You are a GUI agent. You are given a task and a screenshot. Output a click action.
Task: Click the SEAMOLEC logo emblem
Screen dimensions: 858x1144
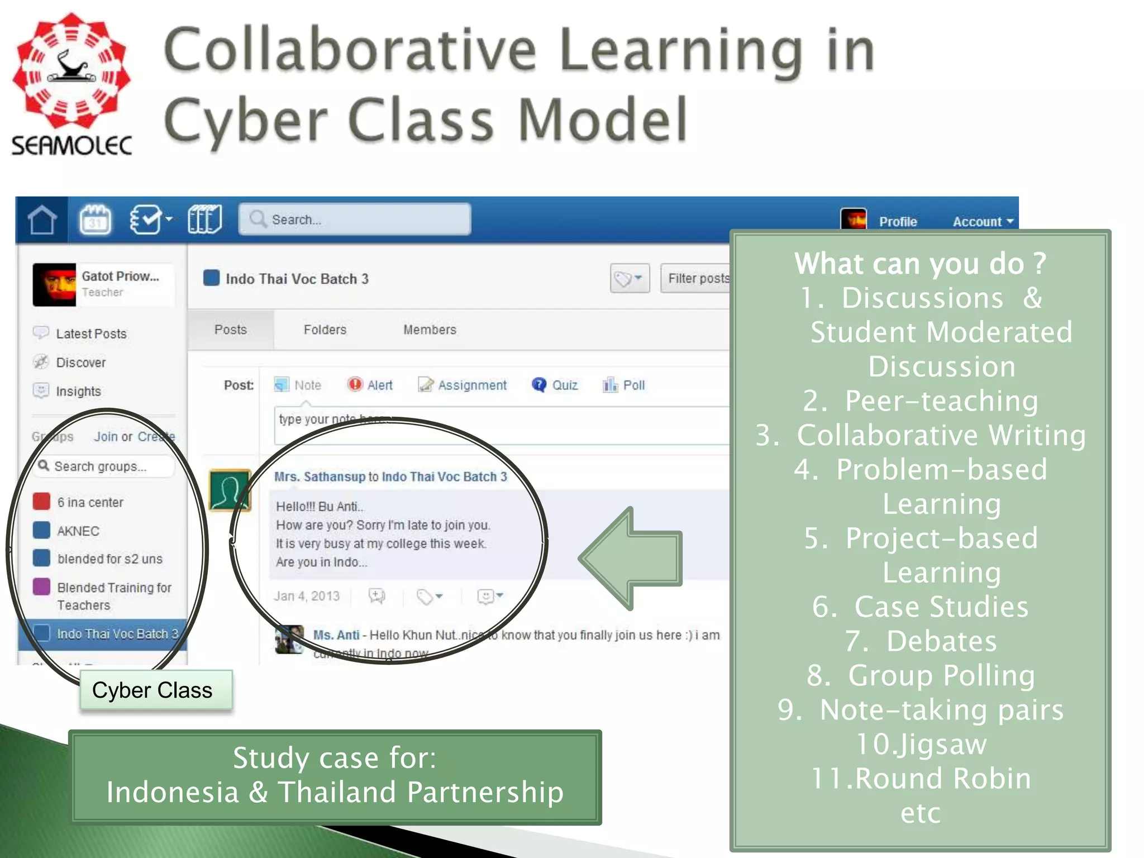pos(71,71)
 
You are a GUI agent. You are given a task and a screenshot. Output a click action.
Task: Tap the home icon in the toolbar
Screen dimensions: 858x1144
pos(42,220)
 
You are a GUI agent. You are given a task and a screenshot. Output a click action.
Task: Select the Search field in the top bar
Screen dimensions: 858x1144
pos(355,220)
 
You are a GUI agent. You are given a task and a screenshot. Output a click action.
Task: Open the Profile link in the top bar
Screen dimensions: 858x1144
pos(898,222)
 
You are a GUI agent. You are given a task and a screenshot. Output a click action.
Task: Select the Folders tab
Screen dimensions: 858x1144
pos(325,330)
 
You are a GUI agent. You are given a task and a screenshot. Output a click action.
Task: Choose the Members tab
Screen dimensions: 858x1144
pos(430,330)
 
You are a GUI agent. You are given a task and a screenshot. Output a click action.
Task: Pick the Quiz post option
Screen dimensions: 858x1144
pos(555,385)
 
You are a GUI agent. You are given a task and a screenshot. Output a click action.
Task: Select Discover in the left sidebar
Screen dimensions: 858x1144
pos(80,363)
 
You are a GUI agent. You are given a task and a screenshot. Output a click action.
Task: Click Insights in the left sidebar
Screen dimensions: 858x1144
pos(78,392)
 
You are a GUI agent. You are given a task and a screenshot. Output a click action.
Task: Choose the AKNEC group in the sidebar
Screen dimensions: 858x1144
pos(78,531)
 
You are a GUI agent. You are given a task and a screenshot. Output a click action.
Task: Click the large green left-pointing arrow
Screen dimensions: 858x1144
pos(631,559)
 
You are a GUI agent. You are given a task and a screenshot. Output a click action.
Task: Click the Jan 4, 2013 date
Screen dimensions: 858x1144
pos(307,596)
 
